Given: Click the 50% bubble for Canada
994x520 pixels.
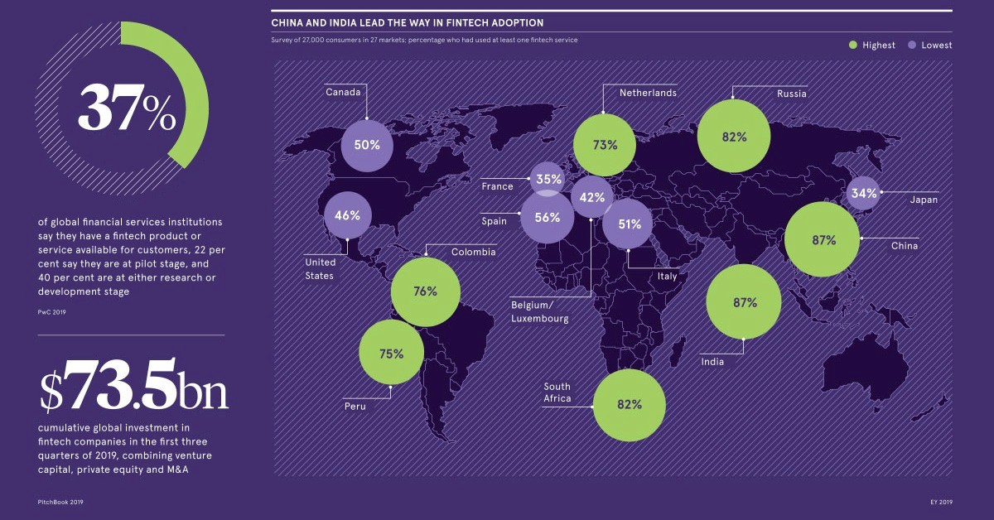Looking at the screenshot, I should coord(367,145).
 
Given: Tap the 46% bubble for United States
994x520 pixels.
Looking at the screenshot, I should coord(347,215).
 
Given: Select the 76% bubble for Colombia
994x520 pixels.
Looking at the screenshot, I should coord(425,291).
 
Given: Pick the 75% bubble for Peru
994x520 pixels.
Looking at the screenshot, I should coord(391,354).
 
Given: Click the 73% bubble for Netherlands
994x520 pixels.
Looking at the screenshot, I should coord(606,145).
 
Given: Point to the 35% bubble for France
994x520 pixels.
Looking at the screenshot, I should coord(548,178).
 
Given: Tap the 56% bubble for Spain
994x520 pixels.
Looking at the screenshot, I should coord(548,218).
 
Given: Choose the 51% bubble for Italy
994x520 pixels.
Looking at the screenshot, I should coord(629,224).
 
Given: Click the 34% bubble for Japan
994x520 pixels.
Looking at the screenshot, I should coord(863,193).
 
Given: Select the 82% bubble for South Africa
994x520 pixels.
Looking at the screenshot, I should coord(630,405).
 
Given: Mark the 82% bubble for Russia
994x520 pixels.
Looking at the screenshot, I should coord(734,137).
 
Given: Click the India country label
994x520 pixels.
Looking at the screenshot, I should coord(712,362).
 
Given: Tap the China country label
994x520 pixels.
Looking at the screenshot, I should coord(905,246).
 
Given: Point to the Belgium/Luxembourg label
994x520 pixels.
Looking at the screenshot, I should coord(540,312).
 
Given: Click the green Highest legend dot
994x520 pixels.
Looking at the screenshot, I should coord(852,45).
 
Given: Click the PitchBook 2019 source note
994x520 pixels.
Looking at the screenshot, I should coord(60,502).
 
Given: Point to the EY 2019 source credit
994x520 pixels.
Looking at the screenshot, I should coord(941,502).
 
